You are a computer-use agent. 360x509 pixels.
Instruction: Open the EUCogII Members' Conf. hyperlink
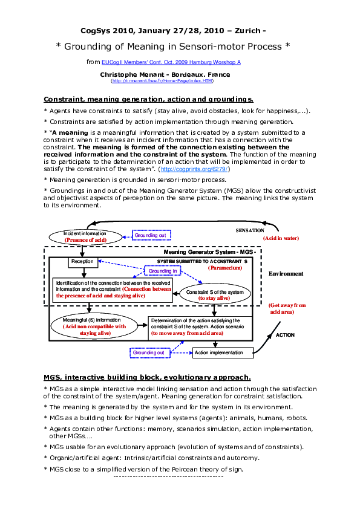[x=171, y=62]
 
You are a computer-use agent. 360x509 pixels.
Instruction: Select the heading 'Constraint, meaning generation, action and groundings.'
[x=148, y=99]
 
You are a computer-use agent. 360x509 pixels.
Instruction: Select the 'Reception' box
[x=82, y=262]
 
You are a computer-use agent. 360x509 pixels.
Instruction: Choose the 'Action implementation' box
[x=218, y=352]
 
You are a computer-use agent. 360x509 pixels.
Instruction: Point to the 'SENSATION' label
[x=249, y=231]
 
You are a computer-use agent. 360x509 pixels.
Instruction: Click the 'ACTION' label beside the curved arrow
[x=285, y=334]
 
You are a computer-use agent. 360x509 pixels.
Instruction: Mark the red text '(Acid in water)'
[x=281, y=239]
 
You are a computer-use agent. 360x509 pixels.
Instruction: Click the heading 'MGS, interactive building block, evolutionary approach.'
[x=147, y=377]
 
